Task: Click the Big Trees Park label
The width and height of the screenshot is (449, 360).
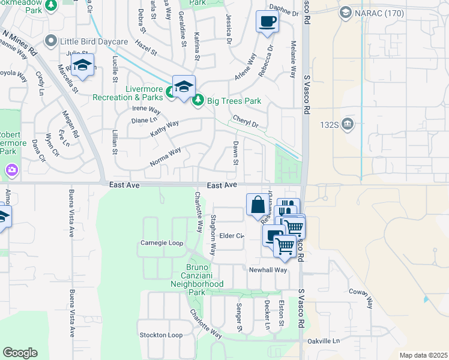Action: (x=234, y=101)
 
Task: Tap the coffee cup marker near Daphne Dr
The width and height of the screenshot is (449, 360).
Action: (x=267, y=22)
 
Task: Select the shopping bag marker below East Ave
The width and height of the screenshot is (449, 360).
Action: (x=258, y=205)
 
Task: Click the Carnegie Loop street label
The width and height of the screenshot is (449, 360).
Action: (x=161, y=243)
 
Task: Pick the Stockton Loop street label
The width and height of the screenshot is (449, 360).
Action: (x=160, y=335)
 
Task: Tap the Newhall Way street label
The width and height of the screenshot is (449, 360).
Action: (x=268, y=270)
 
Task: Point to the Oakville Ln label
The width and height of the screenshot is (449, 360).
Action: (x=324, y=341)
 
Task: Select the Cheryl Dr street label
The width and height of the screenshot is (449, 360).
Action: (x=245, y=122)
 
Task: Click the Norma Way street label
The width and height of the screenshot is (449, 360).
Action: (x=166, y=157)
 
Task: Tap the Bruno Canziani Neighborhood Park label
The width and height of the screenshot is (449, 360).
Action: (x=197, y=279)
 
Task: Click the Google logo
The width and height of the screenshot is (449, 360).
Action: (x=20, y=353)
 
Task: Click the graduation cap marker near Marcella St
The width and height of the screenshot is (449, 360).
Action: (x=83, y=66)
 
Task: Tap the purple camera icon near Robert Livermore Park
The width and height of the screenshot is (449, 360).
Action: (x=11, y=171)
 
